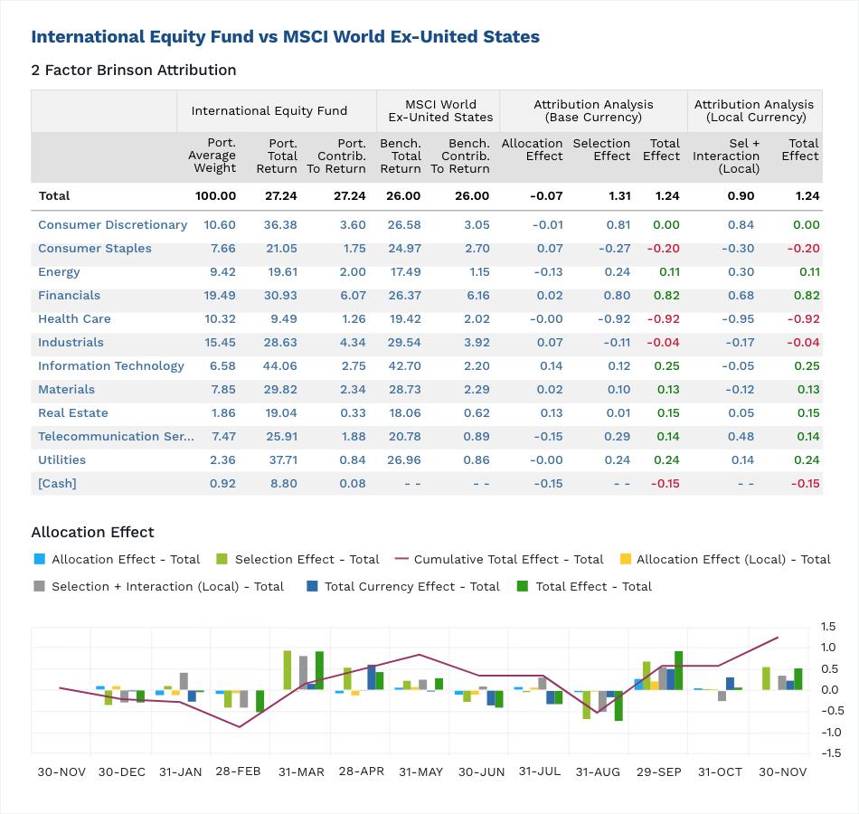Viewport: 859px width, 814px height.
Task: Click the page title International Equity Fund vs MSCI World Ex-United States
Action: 285,37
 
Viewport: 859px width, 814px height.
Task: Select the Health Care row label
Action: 74,319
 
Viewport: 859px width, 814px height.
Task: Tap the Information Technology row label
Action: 110,366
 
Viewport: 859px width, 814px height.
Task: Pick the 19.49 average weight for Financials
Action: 220,296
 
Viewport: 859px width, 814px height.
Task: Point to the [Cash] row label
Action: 57,484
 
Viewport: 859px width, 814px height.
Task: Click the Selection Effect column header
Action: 601,149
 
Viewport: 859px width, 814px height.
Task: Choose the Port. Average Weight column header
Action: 212,156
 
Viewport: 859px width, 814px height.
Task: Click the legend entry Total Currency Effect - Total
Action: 411,587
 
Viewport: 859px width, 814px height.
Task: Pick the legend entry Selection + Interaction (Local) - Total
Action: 167,587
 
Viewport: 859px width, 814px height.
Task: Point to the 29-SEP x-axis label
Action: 659,772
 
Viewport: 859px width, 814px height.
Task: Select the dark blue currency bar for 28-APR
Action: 372,677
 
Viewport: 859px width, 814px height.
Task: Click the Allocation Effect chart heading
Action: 92,533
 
